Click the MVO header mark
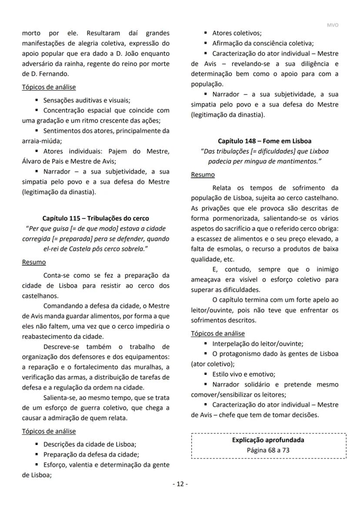click(x=332, y=25)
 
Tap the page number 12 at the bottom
click(x=180, y=484)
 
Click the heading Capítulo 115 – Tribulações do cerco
click(x=95, y=218)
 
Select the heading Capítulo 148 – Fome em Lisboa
click(x=264, y=141)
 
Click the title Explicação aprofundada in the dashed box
click(x=268, y=440)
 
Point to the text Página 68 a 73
click(x=268, y=450)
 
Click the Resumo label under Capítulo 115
click(x=33, y=262)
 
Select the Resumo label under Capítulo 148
click(x=203, y=174)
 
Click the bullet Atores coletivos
click(x=237, y=33)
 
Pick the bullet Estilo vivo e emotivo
click(x=244, y=374)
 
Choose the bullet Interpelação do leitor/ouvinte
click(x=258, y=343)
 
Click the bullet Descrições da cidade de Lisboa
click(x=90, y=444)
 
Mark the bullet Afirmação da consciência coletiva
click(x=263, y=43)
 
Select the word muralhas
click(x=148, y=367)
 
